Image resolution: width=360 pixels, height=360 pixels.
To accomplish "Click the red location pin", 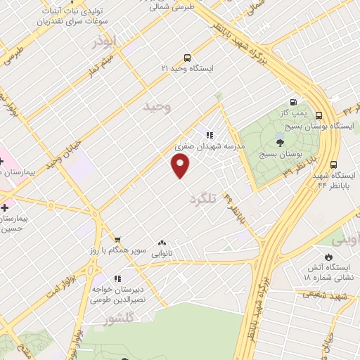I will point(181,166).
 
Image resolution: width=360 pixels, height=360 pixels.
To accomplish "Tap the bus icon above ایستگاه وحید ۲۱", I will point(186,58).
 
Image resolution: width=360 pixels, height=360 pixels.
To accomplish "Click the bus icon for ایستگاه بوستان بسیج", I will point(319,115).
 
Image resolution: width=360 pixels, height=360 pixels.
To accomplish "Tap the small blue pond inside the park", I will point(279,136).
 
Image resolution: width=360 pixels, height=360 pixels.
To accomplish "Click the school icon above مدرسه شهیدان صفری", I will point(209,134).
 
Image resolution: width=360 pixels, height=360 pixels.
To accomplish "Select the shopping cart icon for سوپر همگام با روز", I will point(117,239).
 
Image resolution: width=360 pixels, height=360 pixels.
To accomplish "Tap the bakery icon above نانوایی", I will point(162,243).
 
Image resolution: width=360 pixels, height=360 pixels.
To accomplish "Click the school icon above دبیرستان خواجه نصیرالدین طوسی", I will point(117,278).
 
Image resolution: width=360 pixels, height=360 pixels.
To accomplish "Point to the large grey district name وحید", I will point(157,106).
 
